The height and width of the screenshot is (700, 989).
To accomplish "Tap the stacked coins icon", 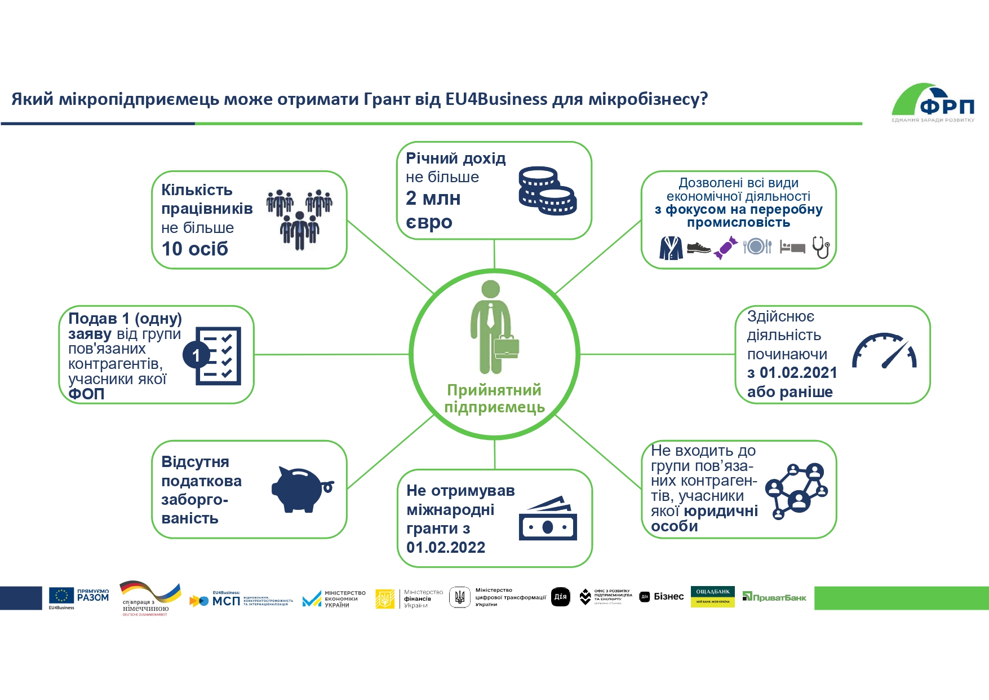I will coord(547,191).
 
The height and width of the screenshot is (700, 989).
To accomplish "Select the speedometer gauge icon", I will coord(884,351).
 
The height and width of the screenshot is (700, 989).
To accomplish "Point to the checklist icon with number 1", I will coord(212,355).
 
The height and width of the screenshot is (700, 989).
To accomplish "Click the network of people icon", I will coord(797,490).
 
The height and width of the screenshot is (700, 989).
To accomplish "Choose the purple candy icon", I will coord(726,248).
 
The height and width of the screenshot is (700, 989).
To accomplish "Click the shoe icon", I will coord(699,248).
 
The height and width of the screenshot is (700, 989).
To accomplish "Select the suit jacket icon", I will coord(671,248).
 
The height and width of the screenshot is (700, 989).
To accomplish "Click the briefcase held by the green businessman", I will coord(506,347).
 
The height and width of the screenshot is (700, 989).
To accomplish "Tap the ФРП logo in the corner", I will coord(934,103).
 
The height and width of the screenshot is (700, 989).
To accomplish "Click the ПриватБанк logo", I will coord(774,597).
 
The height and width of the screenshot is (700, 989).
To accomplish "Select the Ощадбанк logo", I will coord(712,597).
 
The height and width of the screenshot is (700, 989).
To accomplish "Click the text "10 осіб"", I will coord(195,249).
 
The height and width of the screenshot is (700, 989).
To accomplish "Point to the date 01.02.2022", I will coord(446,547).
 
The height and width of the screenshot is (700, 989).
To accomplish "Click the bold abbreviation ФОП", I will coord(86,394).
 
